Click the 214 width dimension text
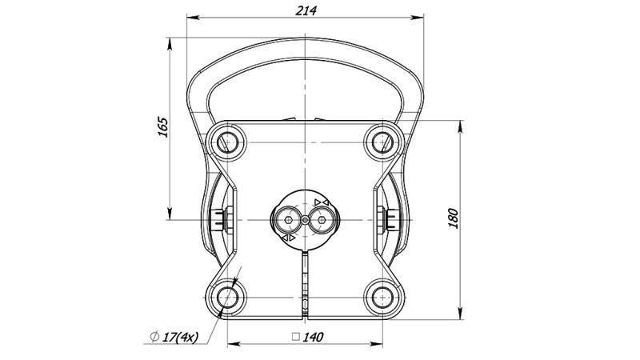point(306,10)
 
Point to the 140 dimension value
point(312,338)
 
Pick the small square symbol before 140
point(295,338)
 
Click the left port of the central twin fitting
point(286,217)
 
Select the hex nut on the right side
point(393,218)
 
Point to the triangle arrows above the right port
point(322,201)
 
